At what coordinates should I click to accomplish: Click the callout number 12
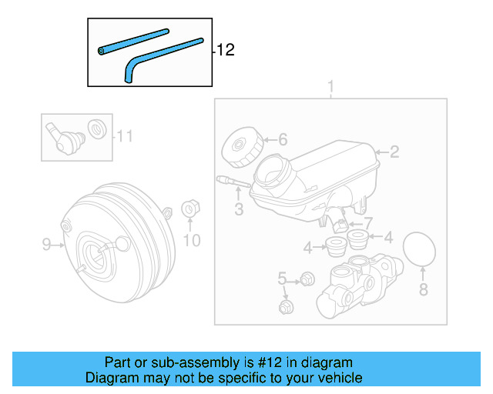point(225,51)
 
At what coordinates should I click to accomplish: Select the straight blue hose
point(133,41)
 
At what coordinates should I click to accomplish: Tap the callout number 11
point(125,137)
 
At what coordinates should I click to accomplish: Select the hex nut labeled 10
point(189,210)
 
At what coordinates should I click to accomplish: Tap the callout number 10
point(191,241)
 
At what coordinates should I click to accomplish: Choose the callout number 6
point(283,139)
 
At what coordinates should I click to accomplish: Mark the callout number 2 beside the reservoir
point(394,152)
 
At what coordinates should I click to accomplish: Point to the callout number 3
point(239,209)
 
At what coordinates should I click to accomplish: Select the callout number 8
point(422,289)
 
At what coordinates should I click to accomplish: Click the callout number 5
point(282,279)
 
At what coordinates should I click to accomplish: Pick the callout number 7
point(367,222)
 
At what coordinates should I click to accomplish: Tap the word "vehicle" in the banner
point(337,378)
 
